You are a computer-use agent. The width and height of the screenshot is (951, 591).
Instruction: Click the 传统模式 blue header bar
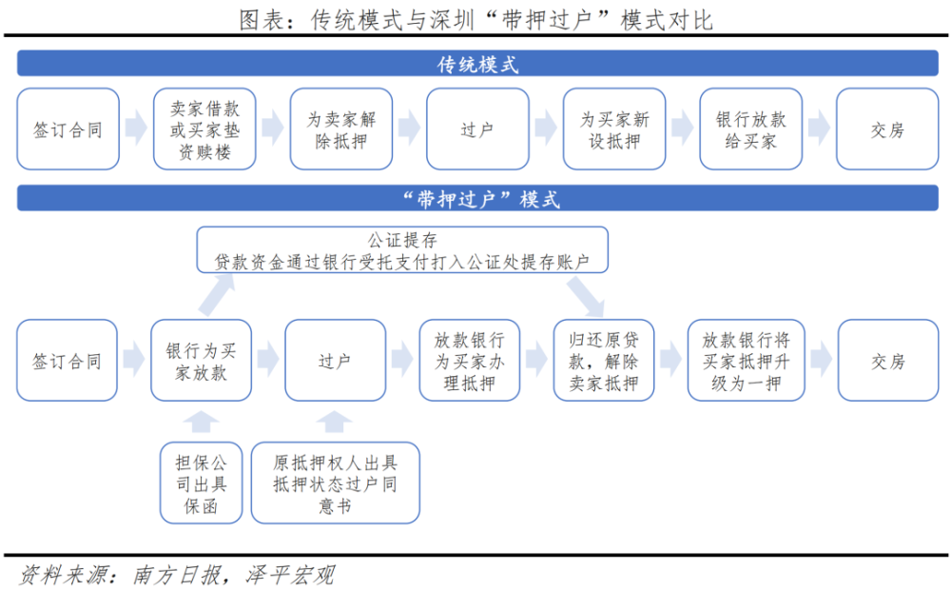[477, 64]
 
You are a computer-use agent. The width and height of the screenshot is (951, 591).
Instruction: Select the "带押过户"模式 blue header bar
[477, 198]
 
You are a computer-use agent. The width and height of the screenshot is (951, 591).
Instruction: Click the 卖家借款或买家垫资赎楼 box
[204, 129]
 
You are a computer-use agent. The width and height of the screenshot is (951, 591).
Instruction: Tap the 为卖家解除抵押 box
[340, 129]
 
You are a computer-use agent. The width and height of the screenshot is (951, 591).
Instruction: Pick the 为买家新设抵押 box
[613, 129]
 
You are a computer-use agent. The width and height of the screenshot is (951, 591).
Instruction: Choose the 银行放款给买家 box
[751, 129]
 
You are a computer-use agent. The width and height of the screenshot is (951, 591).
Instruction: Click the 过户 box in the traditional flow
[477, 129]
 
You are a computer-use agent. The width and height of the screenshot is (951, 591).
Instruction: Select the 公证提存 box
[402, 250]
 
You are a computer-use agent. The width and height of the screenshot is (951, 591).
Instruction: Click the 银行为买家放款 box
[201, 361]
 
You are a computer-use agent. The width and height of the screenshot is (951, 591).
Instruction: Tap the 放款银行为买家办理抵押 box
[470, 361]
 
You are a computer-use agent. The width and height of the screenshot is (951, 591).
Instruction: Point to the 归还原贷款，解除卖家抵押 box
[604, 361]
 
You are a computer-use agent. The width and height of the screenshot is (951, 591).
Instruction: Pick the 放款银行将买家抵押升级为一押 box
[746, 361]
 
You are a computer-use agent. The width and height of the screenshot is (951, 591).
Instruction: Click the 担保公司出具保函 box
[201, 483]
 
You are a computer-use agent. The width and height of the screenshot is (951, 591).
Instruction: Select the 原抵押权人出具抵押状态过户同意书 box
[335, 483]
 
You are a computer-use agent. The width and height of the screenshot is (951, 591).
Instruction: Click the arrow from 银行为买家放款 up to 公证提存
[216, 295]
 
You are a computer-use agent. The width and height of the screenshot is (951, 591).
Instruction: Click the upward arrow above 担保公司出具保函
[201, 422]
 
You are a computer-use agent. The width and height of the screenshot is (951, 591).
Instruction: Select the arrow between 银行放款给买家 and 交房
[820, 128]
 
